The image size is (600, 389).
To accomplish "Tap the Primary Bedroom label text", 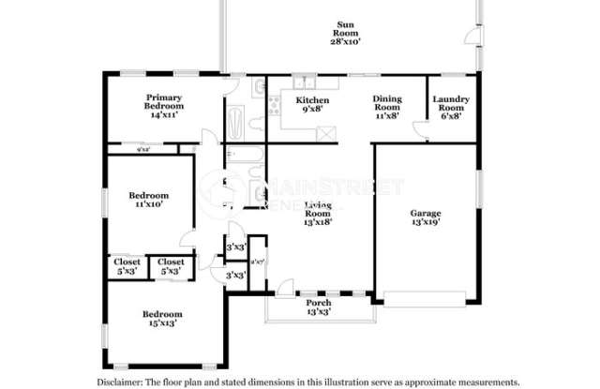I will (163, 102).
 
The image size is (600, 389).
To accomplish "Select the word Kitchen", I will (312, 99).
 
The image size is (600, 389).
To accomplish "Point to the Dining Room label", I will (387, 103).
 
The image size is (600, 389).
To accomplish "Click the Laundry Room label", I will (450, 103).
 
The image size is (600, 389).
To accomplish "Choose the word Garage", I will (425, 213).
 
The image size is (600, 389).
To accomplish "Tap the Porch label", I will (319, 303).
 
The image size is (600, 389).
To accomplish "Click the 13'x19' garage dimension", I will (425, 223).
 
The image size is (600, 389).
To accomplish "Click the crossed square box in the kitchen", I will (326, 132).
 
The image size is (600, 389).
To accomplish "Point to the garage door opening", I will (425, 298).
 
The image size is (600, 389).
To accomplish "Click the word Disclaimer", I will (120, 382).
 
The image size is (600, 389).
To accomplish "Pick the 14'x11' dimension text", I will (163, 113).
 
